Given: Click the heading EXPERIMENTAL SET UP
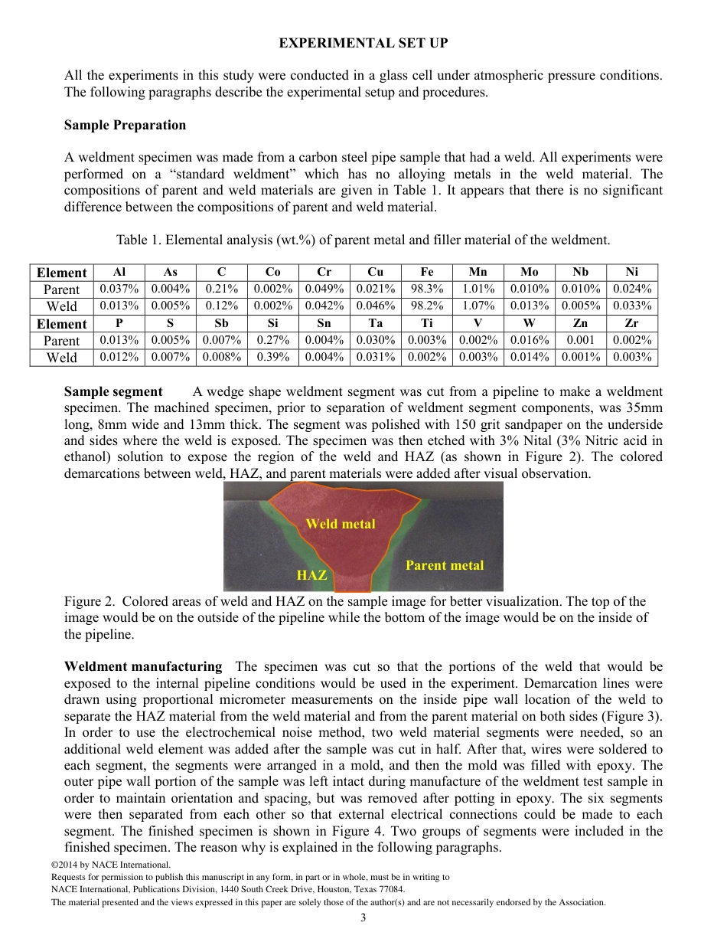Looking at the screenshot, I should point(363,43).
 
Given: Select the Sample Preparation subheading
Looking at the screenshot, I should point(125,125).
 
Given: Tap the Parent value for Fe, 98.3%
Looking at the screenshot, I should point(426,289).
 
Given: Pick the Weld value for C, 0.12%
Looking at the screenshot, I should point(221,306).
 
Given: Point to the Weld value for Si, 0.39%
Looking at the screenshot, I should point(272,357).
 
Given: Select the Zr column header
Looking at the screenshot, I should point(631,324).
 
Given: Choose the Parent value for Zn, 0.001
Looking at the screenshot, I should point(580,341).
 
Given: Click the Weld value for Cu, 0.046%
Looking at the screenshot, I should point(375,306).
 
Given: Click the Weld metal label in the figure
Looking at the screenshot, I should point(341,524).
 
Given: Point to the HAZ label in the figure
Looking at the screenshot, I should point(311,575).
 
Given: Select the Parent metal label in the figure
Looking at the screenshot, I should point(444,565).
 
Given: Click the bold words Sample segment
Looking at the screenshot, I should point(113,391).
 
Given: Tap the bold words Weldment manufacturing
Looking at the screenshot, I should point(143,666).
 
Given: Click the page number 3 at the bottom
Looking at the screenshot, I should point(363,917).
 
